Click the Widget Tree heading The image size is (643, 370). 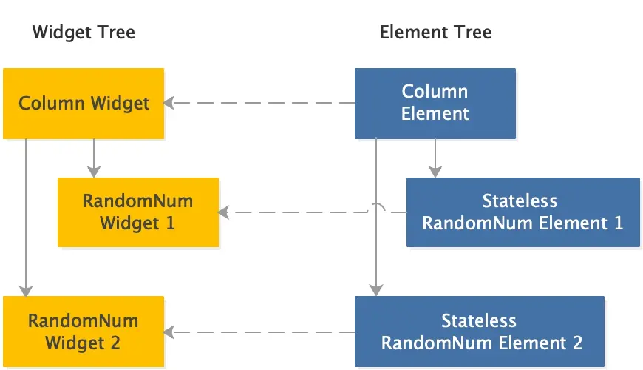84,33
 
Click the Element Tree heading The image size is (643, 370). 435,33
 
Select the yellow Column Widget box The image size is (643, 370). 84,104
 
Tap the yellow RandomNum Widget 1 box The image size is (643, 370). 138,212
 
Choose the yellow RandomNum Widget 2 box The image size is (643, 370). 84,332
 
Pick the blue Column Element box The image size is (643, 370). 435,104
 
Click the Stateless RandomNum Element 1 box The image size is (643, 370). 523,212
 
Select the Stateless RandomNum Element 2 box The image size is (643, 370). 480,332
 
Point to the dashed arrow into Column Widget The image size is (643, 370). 259,104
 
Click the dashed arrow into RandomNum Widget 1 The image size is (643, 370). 296,212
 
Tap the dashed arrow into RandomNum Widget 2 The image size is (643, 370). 259,332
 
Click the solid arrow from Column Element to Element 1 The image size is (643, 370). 435,158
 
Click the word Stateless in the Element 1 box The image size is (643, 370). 520,201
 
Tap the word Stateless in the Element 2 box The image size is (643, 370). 479,321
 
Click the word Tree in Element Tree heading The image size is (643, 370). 474,33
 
